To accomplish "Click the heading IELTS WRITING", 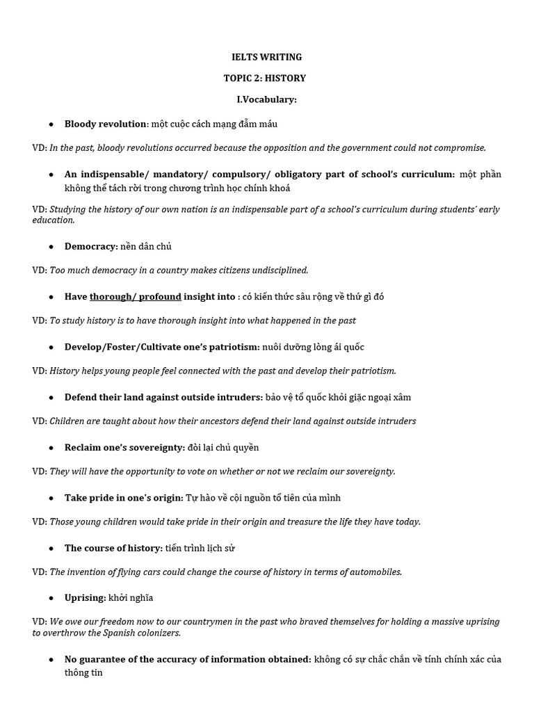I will tap(266, 57).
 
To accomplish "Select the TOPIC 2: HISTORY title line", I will tap(266, 79).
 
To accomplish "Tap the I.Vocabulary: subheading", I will tap(266, 99).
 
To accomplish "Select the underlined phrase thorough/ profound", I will tap(136, 296).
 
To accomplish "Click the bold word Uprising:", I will tap(86, 597).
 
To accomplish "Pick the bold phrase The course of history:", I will tap(113, 548).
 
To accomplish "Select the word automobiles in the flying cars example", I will tap(374, 572).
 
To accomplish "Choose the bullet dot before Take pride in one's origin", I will tap(51, 498).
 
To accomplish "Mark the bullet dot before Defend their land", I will tap(51, 397).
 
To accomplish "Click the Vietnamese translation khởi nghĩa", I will tap(131, 597).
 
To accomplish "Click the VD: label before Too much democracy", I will tap(40, 270).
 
